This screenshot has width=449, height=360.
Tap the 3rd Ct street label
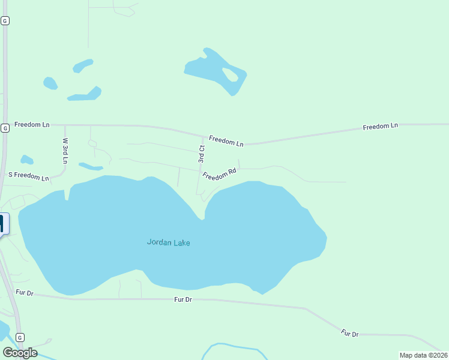202,154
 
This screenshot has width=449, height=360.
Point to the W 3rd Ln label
65,151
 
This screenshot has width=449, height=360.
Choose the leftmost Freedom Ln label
32,125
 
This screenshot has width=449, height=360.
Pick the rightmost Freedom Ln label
380,127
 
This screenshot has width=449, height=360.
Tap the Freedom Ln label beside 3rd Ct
226,142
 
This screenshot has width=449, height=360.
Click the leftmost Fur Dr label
25,293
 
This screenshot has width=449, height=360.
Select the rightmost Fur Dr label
349,333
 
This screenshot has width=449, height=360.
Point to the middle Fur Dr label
182,299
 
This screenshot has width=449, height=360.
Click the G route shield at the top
5,20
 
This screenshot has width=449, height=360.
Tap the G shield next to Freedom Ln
5,128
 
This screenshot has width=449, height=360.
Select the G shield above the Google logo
20,337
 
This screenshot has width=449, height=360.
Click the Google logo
20,353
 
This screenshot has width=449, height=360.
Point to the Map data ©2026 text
423,355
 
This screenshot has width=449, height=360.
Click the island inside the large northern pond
231,74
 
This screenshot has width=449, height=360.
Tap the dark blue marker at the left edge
2,224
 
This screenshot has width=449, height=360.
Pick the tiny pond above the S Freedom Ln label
26,160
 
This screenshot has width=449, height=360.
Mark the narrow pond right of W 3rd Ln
91,166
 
